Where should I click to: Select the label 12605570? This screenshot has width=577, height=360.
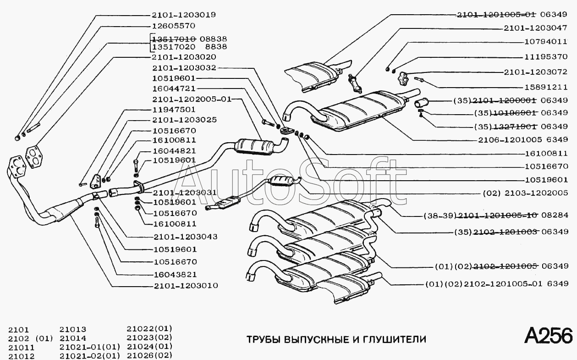(x=173, y=26)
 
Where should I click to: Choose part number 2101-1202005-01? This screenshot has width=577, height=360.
(x=192, y=99)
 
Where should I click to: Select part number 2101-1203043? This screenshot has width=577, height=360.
(x=185, y=237)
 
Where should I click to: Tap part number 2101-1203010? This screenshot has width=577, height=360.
(x=185, y=286)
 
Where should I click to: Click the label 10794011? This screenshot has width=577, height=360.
(x=546, y=41)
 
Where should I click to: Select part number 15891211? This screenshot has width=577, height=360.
(x=546, y=87)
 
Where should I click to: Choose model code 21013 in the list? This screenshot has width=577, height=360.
(x=73, y=329)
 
